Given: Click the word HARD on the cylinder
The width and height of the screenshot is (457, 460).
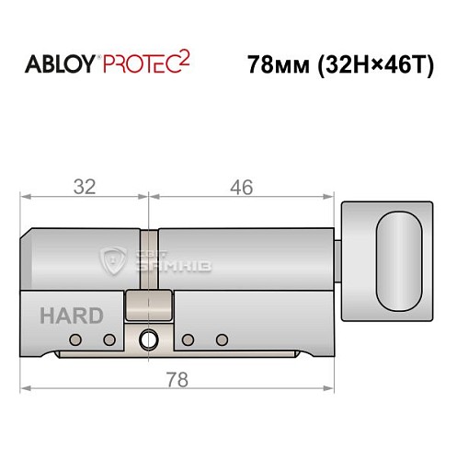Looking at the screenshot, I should (71, 316).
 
